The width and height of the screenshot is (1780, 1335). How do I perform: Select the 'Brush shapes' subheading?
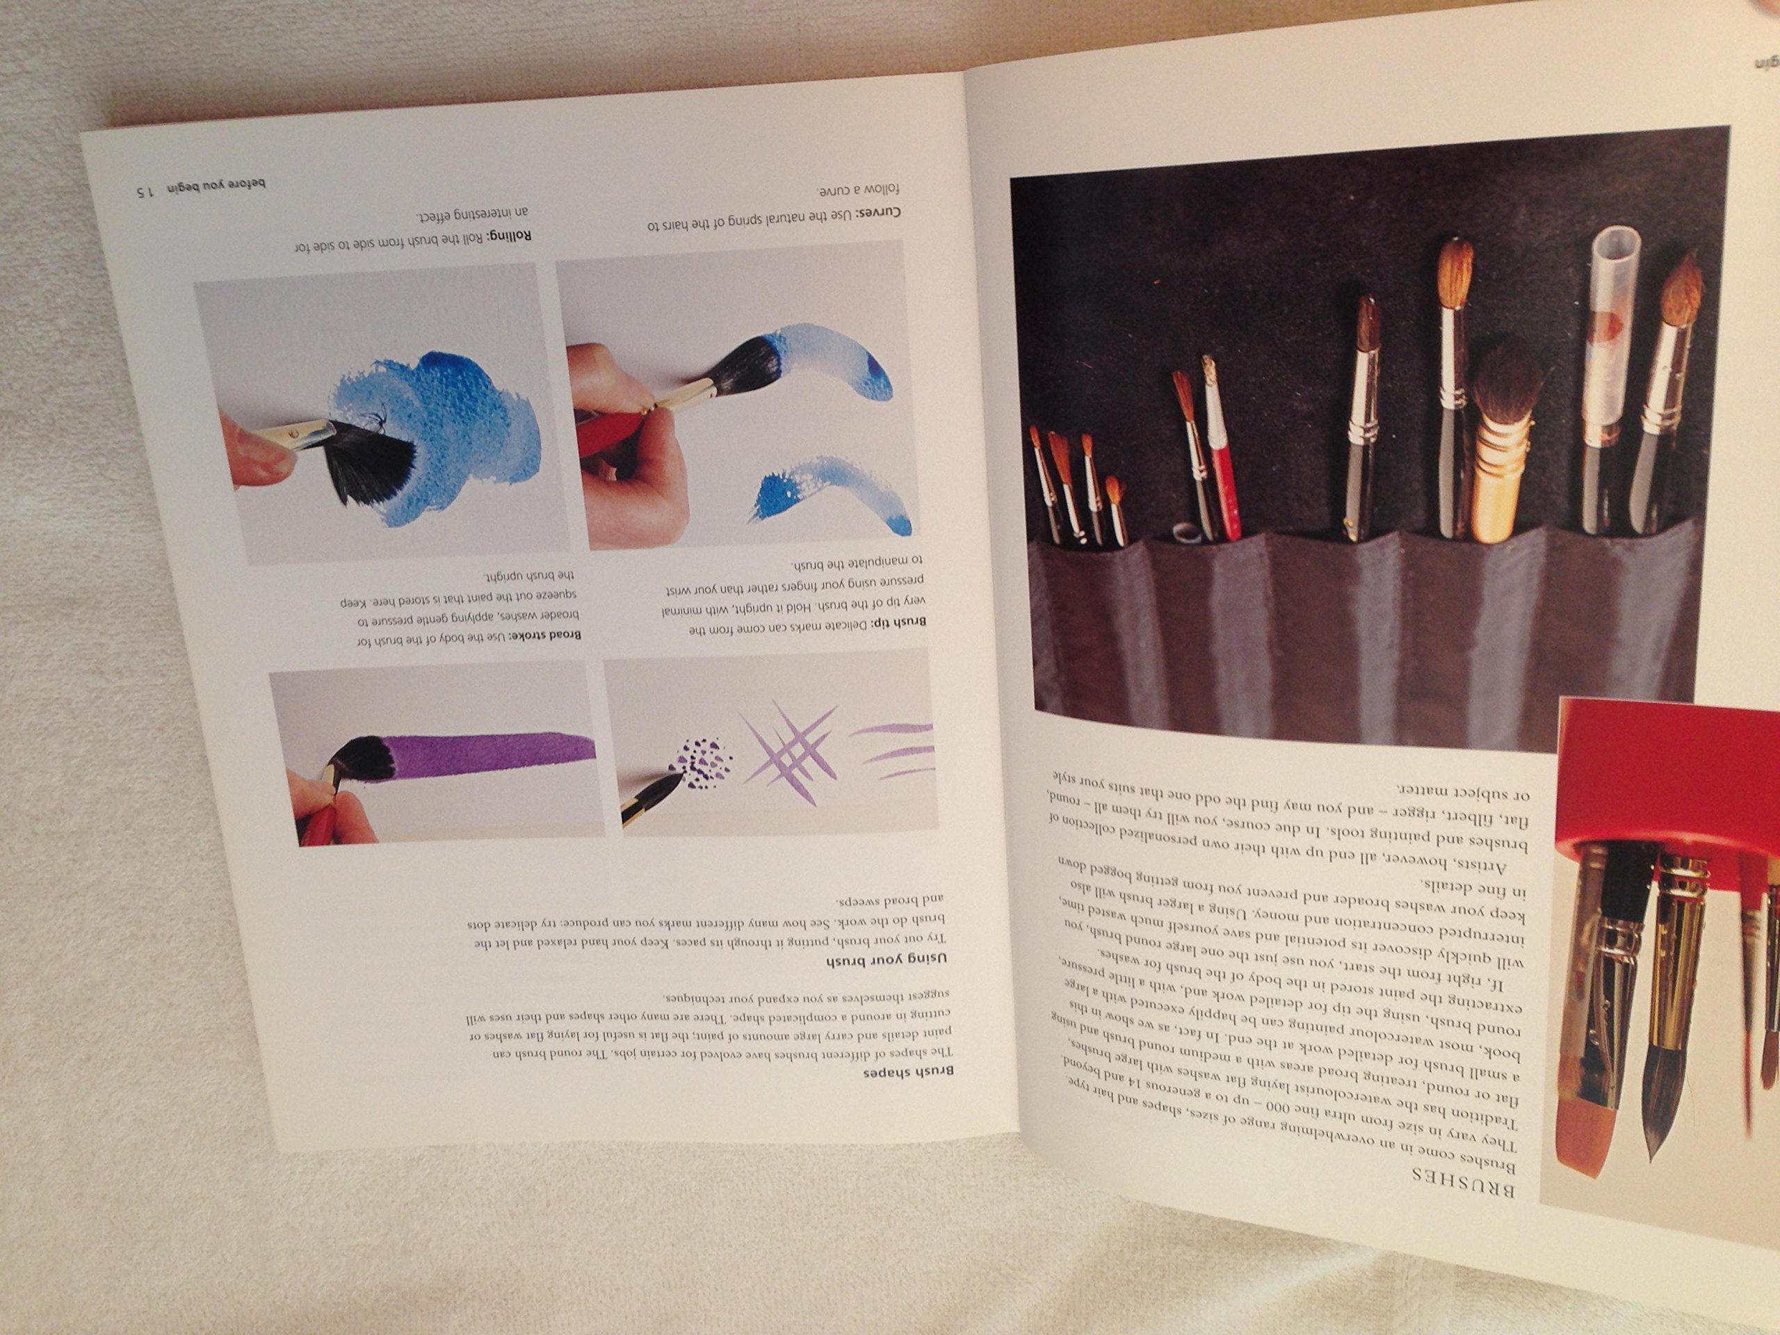click(x=909, y=1074)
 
